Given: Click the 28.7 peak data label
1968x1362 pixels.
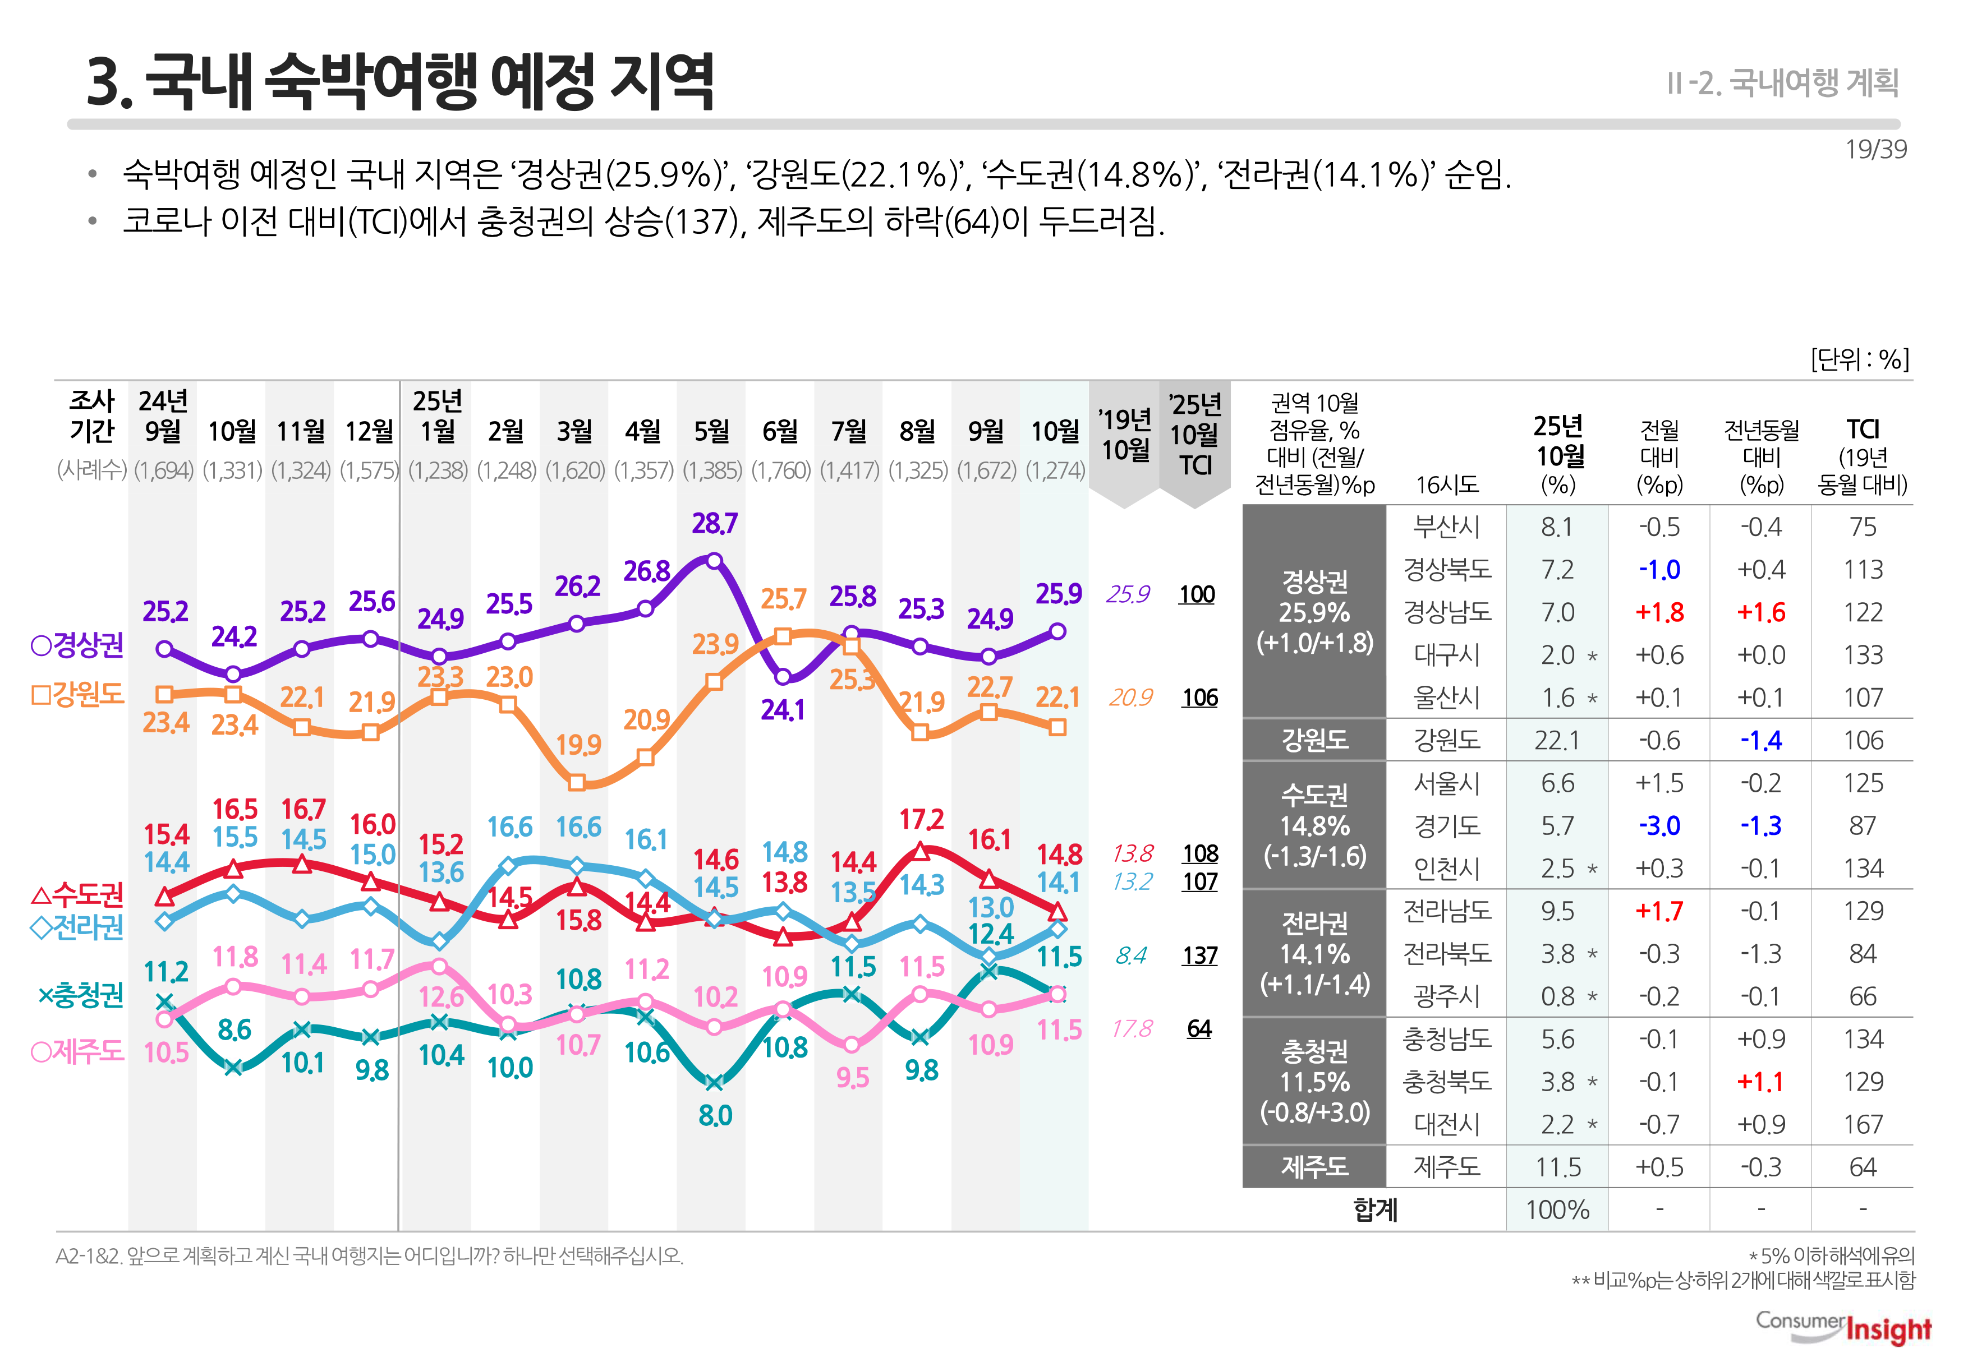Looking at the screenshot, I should click(715, 523).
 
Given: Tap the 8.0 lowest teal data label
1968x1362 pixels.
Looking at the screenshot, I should click(715, 1115).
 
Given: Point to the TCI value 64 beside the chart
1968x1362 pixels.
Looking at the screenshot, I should click(1199, 1028).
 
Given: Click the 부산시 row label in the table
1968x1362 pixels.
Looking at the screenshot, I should click(1446, 527).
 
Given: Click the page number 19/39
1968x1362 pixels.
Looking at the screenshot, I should click(1875, 149).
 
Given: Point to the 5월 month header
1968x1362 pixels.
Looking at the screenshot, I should click(711, 431).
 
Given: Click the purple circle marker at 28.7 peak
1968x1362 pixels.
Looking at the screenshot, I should click(715, 561).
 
